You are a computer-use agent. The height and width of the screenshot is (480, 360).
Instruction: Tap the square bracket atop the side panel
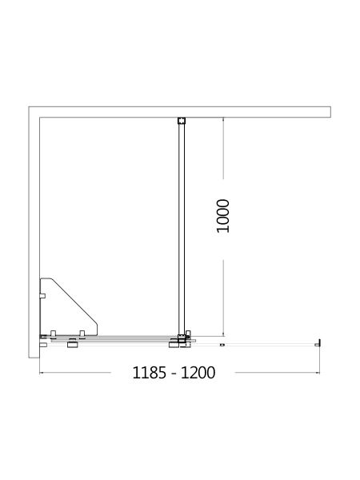182,122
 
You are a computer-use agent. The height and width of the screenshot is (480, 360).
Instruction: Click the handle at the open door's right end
320,343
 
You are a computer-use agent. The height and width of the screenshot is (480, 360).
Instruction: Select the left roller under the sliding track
73,345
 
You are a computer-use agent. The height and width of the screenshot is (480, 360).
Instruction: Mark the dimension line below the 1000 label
223,288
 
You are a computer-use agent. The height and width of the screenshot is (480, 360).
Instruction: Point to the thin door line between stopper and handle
272,344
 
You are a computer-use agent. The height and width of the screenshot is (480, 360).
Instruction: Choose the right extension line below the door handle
320,360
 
